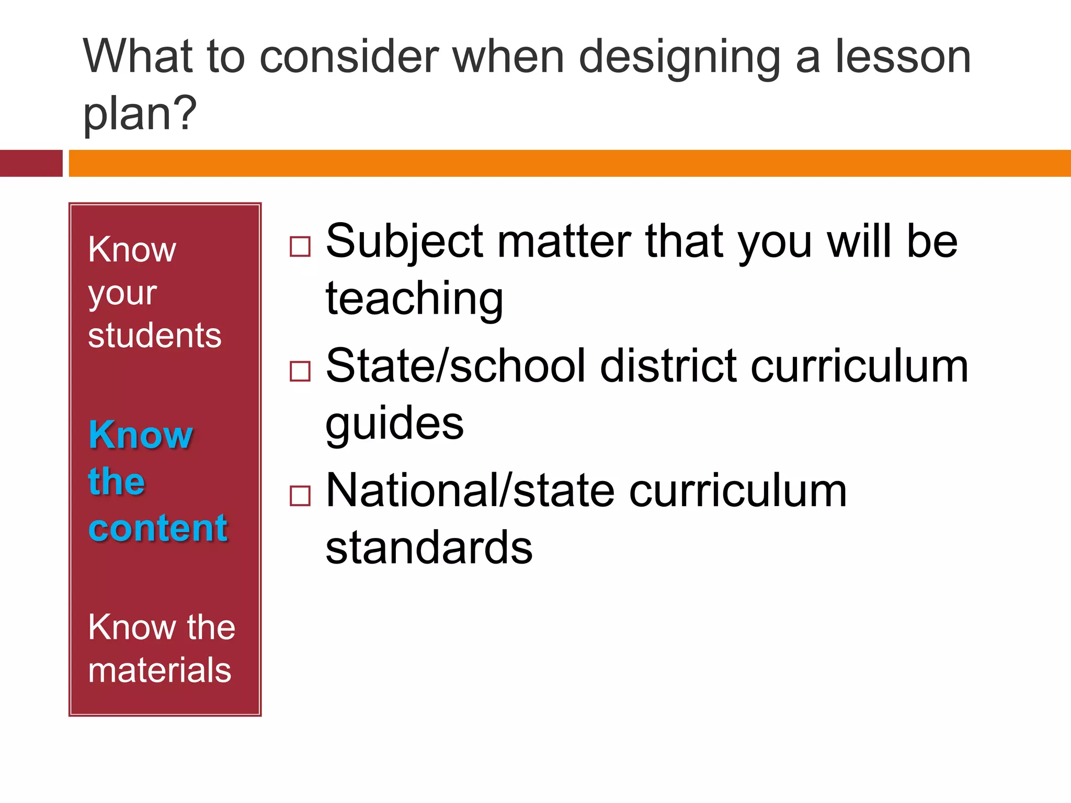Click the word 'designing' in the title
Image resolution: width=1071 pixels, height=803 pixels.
(x=680, y=58)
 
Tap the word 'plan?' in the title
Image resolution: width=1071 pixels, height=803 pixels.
(x=140, y=113)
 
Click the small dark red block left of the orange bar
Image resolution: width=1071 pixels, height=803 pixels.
(x=31, y=163)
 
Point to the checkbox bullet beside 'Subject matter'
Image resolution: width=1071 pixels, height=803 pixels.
(x=300, y=246)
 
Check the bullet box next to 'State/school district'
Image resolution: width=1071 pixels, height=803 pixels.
(x=300, y=371)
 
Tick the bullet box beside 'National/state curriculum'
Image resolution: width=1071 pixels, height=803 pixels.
(x=300, y=496)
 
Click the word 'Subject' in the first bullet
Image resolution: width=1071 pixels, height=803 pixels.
(x=404, y=242)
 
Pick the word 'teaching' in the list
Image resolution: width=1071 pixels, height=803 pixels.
(x=414, y=299)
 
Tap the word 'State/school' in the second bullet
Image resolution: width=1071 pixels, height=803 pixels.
(x=455, y=366)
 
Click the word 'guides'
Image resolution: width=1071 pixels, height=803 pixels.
(x=394, y=423)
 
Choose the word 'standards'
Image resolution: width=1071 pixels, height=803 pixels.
(x=429, y=548)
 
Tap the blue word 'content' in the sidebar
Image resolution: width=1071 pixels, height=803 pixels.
(x=158, y=528)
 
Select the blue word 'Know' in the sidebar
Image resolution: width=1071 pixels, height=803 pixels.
(x=141, y=434)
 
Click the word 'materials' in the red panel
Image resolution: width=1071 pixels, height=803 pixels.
(x=159, y=670)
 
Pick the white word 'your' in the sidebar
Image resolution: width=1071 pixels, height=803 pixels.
(x=122, y=294)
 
